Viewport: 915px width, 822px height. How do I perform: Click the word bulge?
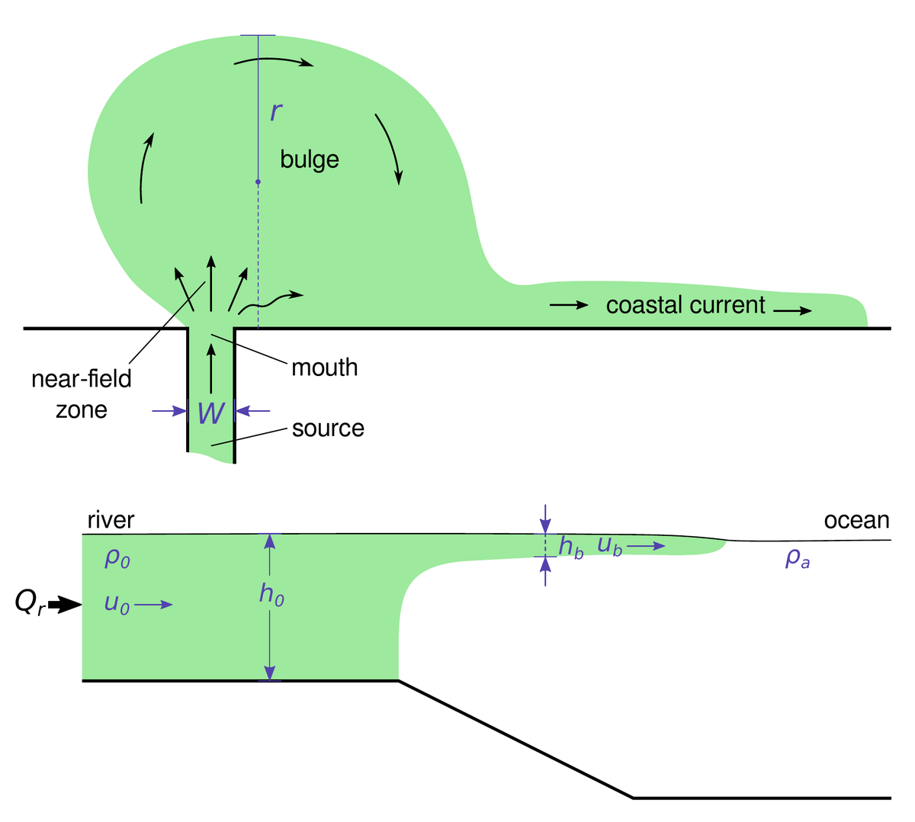tap(310, 160)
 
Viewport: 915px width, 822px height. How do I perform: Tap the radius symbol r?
tap(276, 111)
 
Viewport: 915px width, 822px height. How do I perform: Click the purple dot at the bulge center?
tap(258, 182)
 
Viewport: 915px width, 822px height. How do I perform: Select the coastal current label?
tap(685, 305)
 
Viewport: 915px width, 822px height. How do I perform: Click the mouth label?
tap(324, 368)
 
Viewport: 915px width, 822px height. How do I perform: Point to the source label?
tap(328, 429)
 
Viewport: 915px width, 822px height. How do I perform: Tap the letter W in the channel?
tap(211, 413)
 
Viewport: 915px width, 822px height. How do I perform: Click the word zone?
tap(82, 410)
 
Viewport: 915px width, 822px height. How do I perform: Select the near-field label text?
tap(82, 378)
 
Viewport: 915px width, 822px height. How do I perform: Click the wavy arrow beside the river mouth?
tap(270, 302)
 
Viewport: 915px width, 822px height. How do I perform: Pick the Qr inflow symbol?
tap(30, 602)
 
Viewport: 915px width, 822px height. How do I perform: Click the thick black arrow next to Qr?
tap(65, 605)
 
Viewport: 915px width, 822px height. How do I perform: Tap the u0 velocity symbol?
tap(117, 605)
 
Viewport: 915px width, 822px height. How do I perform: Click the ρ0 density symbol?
tap(117, 558)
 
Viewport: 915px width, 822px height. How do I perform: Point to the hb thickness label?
tap(571, 547)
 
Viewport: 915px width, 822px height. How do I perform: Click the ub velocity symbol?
tap(610, 546)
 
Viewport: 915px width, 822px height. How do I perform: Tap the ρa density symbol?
tap(798, 559)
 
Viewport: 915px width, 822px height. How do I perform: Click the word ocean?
tap(857, 521)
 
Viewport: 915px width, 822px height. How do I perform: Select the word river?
tap(111, 520)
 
